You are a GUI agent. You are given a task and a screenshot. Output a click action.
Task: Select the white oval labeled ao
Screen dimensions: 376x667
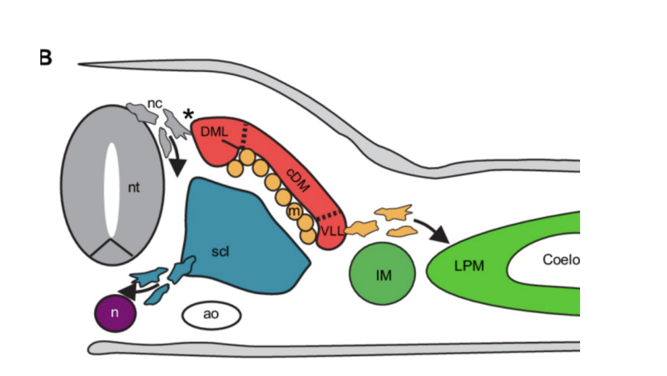[x=211, y=315]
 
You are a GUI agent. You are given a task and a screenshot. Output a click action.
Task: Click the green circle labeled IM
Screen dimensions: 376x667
[x=383, y=274]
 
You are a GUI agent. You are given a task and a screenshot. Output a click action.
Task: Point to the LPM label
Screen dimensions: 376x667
[x=468, y=266]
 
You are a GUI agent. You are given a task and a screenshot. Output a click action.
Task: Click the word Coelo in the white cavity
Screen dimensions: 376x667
[x=561, y=259]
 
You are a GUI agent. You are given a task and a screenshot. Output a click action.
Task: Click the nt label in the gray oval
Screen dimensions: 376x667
[x=134, y=188]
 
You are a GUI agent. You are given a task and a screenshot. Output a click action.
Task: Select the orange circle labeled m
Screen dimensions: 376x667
[x=293, y=211]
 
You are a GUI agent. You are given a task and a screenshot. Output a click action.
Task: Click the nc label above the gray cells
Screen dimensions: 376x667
[x=155, y=103]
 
